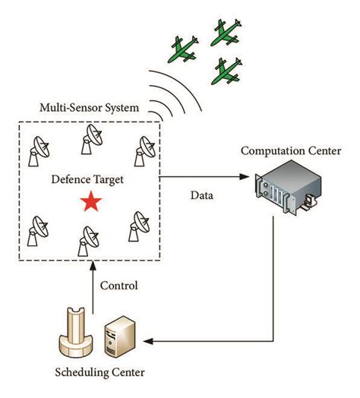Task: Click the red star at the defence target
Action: (91, 202)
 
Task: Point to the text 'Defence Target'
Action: (88, 180)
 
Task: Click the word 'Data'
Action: (201, 195)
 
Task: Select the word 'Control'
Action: (118, 286)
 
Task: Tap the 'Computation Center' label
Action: (291, 150)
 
